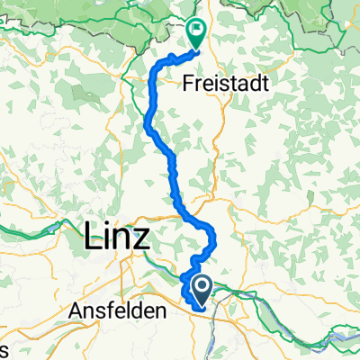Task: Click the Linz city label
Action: point(119,238)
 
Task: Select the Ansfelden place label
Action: point(117,310)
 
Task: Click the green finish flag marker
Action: point(198,33)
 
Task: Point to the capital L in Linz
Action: point(92,238)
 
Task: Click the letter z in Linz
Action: point(147,241)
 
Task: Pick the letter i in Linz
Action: point(108,238)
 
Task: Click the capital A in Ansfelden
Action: point(75,310)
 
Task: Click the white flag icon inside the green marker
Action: point(198,29)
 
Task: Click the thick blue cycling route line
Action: point(148,117)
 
